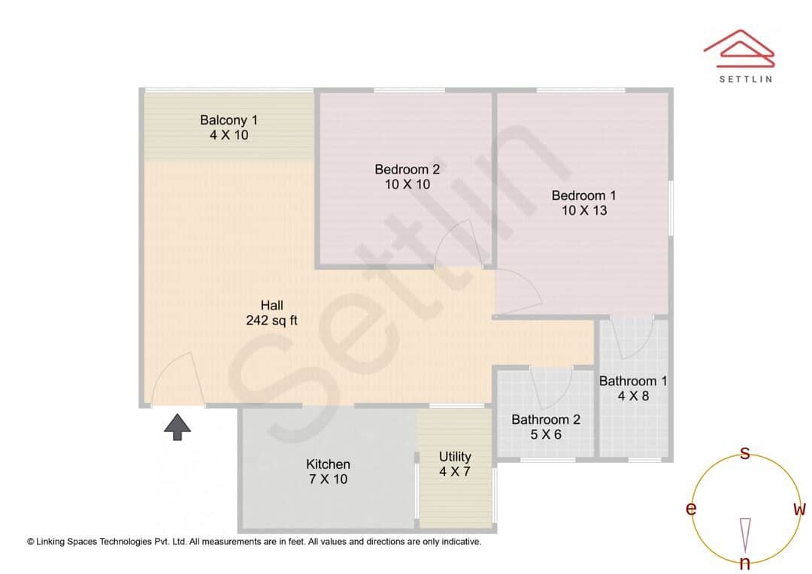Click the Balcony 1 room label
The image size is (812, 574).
pos(229,120)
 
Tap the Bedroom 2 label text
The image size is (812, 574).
pos(407,169)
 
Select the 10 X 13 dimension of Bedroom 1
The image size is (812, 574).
pos(584,210)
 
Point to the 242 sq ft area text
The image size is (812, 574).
pos(272,320)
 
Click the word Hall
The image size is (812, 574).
pos(272,305)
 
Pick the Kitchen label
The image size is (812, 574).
pos(328,464)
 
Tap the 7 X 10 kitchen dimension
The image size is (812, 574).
pos(328,479)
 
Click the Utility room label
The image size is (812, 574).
pos(455,457)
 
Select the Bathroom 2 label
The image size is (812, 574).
pos(546,419)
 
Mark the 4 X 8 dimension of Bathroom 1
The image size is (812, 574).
pos(633,396)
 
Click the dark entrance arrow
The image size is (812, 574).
pos(177,427)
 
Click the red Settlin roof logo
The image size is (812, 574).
pos(739,48)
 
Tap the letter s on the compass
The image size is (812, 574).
pos(744,453)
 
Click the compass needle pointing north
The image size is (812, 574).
pos(745,535)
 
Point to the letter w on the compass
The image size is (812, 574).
pos(799,509)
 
